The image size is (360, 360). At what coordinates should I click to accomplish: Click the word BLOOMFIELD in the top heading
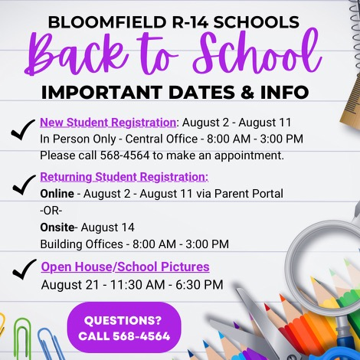107,22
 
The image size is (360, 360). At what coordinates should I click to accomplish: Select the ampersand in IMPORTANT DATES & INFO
247,92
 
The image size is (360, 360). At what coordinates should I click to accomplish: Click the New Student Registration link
108,123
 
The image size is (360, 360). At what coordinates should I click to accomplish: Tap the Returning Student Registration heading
124,177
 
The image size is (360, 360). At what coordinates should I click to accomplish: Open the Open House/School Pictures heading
125,267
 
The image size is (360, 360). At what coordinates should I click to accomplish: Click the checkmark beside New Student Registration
22,129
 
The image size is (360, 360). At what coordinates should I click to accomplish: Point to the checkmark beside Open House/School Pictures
24,269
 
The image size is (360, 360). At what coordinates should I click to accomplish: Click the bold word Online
57,194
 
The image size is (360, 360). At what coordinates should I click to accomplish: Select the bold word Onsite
57,227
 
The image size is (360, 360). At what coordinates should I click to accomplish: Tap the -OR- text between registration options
51,211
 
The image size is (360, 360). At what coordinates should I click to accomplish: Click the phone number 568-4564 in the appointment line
125,155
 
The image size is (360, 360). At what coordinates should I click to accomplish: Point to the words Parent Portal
249,194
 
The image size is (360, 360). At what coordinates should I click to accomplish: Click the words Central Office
162,139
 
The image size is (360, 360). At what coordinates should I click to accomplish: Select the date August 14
107,227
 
